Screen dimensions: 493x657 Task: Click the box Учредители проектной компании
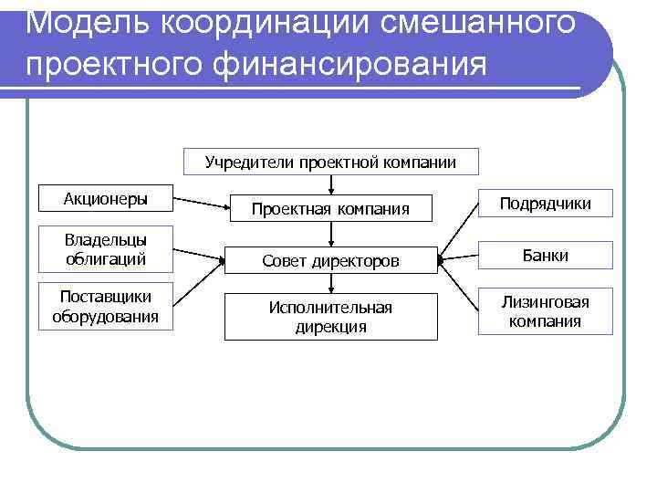point(330,163)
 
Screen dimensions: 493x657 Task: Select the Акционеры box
point(106,199)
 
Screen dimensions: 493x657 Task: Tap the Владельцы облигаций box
point(106,249)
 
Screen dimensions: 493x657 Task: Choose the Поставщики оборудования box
point(106,308)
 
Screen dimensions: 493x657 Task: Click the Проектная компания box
point(330,209)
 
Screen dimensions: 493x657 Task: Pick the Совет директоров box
point(330,261)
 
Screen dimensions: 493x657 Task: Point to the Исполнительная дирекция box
point(330,317)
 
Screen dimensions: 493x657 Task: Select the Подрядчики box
point(545,204)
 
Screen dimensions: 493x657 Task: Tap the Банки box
point(545,256)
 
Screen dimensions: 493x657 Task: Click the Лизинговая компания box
point(545,311)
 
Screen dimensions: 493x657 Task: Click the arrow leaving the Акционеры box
point(200,203)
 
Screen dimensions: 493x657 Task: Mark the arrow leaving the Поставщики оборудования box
point(199,287)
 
